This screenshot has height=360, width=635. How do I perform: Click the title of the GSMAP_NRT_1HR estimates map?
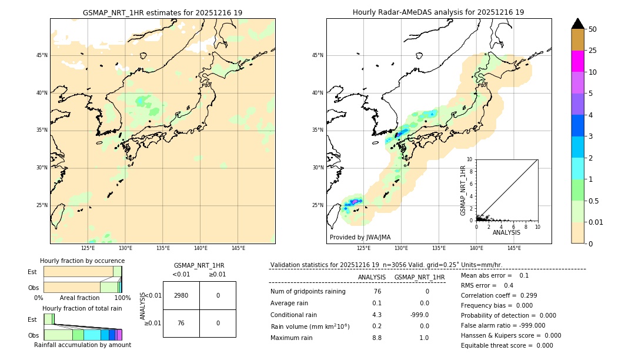click(x=162, y=12)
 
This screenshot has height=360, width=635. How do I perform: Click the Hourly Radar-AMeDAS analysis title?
click(x=438, y=12)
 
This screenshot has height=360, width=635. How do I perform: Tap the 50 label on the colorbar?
click(x=593, y=29)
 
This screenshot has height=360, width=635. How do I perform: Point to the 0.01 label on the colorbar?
click(x=596, y=222)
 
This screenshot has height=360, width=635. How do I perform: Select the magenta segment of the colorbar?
click(x=577, y=61)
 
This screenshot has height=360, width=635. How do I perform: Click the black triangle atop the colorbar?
click(x=577, y=24)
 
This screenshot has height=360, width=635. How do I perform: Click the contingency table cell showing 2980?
click(x=181, y=295)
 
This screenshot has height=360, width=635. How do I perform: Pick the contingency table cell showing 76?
click(x=181, y=323)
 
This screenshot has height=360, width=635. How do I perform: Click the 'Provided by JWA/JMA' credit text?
click(x=360, y=237)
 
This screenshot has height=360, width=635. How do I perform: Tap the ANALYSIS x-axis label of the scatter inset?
click(x=506, y=232)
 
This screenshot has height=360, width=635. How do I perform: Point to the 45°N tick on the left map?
click(x=42, y=55)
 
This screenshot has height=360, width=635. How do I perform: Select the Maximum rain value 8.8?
click(x=377, y=338)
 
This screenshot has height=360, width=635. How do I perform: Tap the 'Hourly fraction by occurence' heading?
click(x=82, y=261)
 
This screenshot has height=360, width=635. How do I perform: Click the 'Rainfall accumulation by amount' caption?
click(x=82, y=345)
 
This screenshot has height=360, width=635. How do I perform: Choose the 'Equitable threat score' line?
click(x=507, y=346)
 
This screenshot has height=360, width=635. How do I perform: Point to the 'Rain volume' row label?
click(x=310, y=326)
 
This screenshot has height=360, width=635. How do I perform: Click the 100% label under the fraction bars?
click(x=122, y=298)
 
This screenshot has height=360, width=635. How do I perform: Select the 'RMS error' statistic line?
click(x=487, y=286)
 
